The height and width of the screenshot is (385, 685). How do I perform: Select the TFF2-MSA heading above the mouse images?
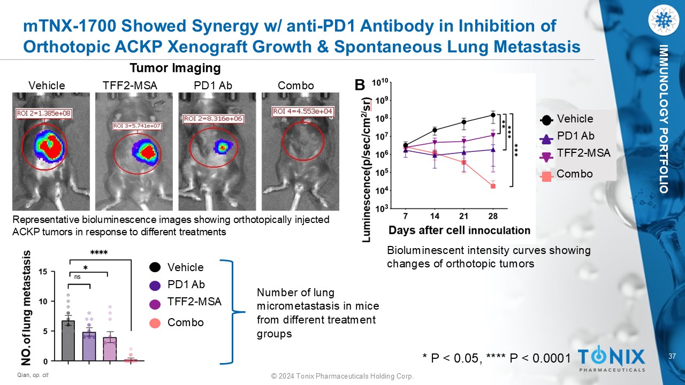pyautogui.click(x=130, y=86)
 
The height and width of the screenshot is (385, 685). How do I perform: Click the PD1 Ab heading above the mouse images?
pyautogui.click(x=213, y=86)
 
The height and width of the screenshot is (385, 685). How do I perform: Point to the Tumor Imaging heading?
pyautogui.click(x=176, y=68)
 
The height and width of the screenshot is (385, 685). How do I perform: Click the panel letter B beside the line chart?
pyautogui.click(x=360, y=85)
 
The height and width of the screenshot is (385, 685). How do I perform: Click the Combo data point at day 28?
pyautogui.click(x=493, y=186)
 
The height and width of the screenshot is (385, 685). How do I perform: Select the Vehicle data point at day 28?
pyautogui.click(x=493, y=115)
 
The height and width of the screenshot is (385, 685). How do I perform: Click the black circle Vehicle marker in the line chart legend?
pyautogui.click(x=546, y=120)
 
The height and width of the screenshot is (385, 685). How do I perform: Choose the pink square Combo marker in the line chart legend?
pyautogui.click(x=546, y=175)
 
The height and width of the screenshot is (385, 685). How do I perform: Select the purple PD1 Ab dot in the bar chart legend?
pyautogui.click(x=155, y=285)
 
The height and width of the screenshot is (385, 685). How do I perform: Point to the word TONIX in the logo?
pyautogui.click(x=612, y=356)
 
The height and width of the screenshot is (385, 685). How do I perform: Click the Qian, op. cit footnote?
pyautogui.click(x=34, y=375)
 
